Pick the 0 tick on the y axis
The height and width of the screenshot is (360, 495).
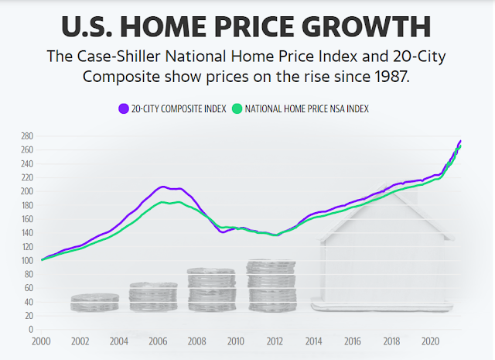[29, 330]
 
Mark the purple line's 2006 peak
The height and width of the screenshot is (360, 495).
[162, 187]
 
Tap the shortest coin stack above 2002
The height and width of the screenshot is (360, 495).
[94, 302]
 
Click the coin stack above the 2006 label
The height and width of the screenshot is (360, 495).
[153, 297]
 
